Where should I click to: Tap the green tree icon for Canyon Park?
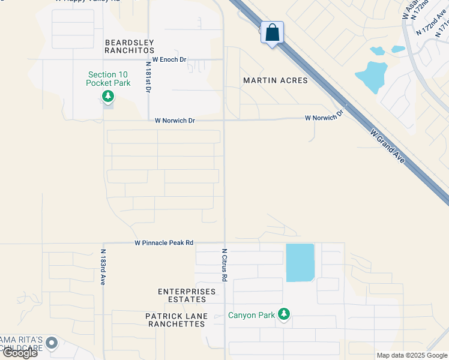point(284,314)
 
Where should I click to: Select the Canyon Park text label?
point(251,315)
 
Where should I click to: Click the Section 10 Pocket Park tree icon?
point(108,96)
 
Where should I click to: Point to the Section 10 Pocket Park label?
point(108,79)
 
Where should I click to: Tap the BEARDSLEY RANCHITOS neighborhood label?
point(130,47)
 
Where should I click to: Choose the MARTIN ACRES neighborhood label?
point(275,80)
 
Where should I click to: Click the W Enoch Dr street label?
point(170,59)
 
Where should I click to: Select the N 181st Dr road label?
point(148,76)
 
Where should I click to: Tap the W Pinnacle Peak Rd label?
point(164,243)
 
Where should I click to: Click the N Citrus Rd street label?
point(224,265)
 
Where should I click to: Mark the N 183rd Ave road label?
point(103,267)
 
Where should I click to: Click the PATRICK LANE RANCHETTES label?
point(176,320)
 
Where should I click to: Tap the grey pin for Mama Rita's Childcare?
point(52,343)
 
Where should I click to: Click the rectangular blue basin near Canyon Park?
point(300,263)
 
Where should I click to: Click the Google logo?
point(20,353)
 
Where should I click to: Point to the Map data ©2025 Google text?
point(412,355)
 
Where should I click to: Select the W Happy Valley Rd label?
point(87,2)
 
